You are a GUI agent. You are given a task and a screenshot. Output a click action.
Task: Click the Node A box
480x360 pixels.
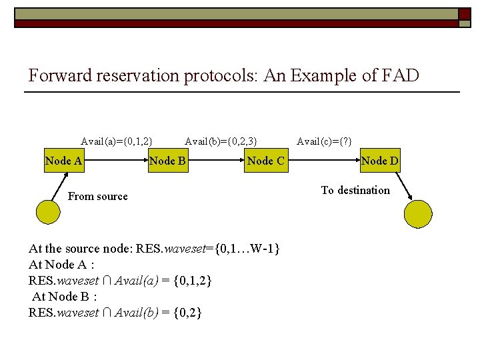(x=64, y=161)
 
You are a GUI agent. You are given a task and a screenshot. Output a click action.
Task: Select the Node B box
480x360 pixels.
(x=168, y=161)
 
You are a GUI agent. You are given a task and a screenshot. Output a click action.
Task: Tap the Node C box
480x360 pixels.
(x=265, y=161)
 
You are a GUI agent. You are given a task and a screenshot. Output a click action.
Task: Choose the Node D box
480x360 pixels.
(x=379, y=161)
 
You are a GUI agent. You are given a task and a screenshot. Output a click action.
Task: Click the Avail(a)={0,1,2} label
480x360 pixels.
(x=117, y=141)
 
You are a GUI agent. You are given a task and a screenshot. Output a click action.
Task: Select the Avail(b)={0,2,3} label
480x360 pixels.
(x=221, y=141)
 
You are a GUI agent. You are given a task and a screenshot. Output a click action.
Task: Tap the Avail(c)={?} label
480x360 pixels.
(x=324, y=141)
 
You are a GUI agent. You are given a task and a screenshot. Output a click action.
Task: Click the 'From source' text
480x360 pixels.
(x=98, y=196)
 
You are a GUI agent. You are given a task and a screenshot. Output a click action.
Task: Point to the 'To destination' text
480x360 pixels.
(x=355, y=190)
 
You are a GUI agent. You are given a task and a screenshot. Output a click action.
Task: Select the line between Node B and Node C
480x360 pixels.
(x=215, y=161)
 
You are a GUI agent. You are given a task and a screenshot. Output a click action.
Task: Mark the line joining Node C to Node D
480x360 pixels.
(x=323, y=161)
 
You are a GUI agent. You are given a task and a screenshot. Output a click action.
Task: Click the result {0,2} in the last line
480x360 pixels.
(x=187, y=312)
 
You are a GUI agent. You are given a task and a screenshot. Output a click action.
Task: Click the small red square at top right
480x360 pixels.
(x=464, y=14)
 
